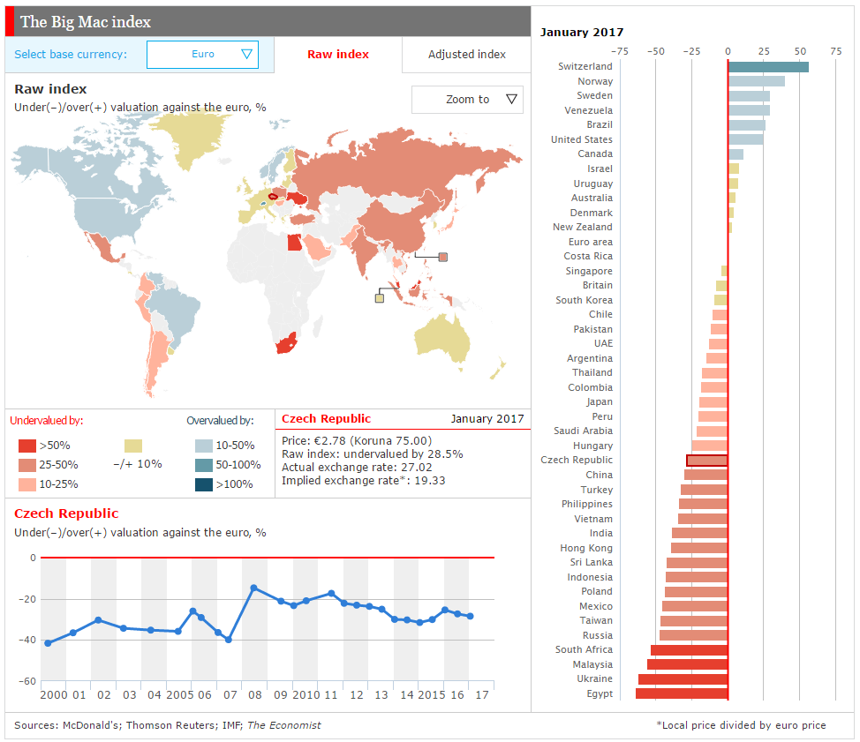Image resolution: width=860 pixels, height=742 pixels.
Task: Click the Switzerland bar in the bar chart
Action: (768, 67)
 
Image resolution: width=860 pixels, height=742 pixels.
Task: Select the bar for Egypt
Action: (682, 693)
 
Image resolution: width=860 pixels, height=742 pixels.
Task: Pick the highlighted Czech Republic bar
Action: (707, 461)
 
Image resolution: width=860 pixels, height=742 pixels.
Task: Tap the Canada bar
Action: (736, 154)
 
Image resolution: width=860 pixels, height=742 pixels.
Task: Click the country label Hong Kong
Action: (585, 548)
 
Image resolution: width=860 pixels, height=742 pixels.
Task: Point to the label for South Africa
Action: (584, 649)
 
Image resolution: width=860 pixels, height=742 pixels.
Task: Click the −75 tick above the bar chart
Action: (620, 51)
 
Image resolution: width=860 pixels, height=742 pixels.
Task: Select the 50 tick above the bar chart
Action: (800, 51)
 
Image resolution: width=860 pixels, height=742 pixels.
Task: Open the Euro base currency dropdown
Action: (202, 54)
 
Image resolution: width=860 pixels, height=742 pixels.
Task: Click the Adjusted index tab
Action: (467, 54)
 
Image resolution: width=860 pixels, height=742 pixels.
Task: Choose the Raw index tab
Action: (338, 54)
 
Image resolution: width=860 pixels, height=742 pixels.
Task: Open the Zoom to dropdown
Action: (467, 100)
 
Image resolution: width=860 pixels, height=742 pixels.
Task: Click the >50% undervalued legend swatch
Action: (26, 446)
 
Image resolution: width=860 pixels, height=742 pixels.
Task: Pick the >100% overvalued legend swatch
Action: (204, 484)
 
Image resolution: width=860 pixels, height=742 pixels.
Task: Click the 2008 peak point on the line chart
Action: (254, 588)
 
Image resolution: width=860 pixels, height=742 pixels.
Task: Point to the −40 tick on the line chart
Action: (27, 640)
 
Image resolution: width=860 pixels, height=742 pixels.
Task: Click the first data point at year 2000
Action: (48, 643)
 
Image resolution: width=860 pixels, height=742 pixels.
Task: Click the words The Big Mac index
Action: (86, 22)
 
